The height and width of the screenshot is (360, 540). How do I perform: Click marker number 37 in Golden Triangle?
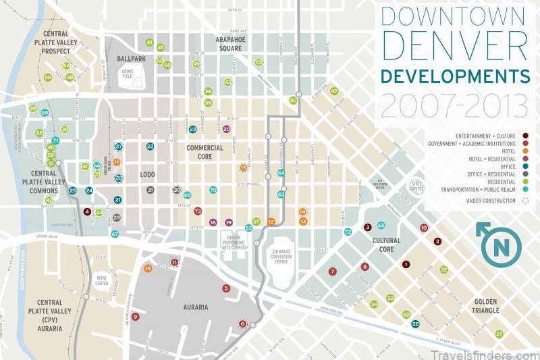499,334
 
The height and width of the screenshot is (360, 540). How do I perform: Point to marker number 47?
333,91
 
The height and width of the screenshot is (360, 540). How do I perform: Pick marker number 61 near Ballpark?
149,43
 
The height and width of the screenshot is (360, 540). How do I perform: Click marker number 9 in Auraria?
136,316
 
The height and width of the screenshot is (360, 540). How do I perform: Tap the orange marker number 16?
148,268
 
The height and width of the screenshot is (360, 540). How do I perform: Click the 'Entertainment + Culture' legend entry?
489,136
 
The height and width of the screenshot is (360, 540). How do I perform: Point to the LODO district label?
147,174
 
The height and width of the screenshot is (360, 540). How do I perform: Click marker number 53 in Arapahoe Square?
259,62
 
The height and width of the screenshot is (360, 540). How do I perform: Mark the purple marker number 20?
226,128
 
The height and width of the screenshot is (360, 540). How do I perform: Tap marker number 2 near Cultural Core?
437,241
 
